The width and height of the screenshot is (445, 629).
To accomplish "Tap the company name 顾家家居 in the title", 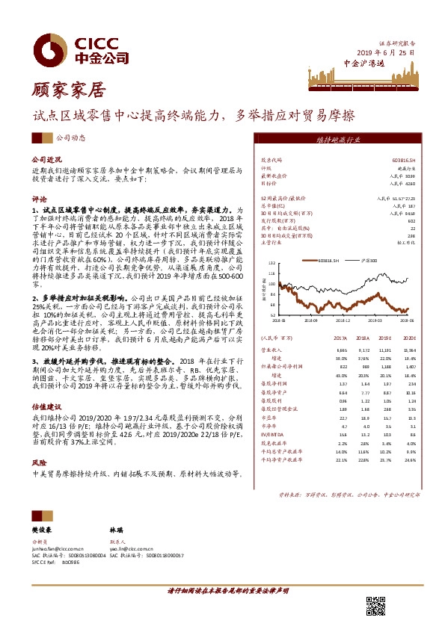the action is [68, 91].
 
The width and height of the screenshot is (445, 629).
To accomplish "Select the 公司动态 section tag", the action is [71, 138].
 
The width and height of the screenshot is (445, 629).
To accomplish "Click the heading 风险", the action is [38, 463].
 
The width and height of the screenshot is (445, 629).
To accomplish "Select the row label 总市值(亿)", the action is [272, 205].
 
